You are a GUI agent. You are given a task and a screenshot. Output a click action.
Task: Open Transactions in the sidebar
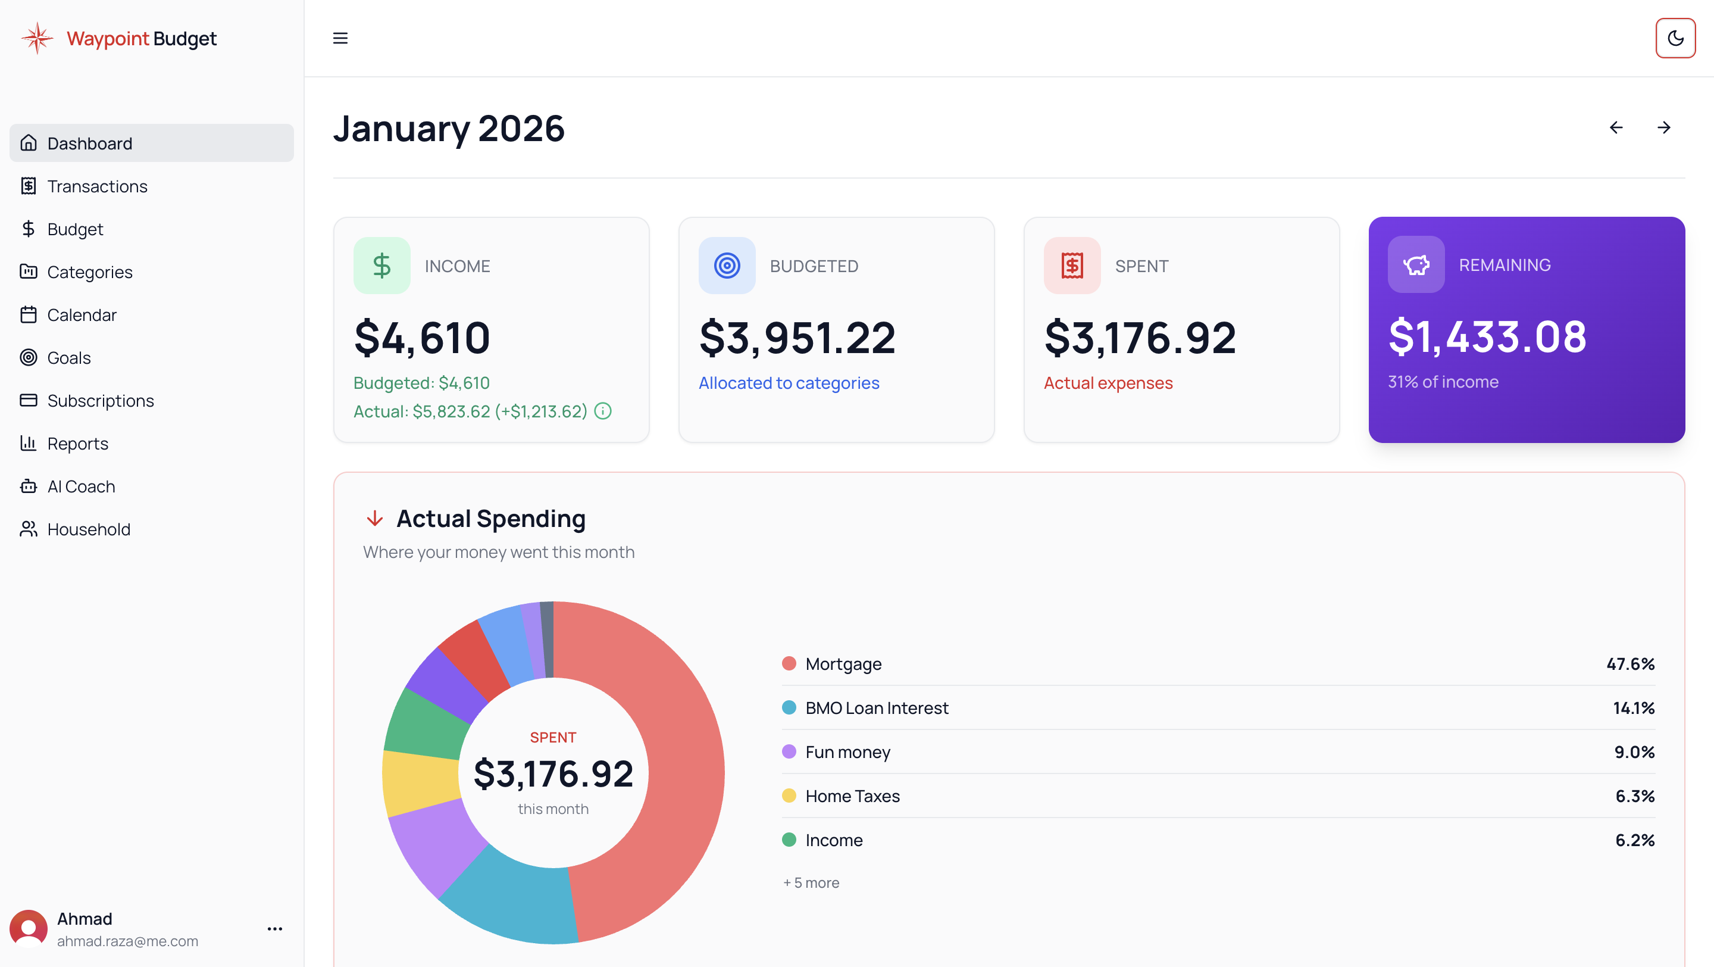(97, 186)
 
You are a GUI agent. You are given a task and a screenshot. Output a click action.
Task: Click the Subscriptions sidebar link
(101, 401)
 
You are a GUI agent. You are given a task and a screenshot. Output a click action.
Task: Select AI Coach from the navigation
(81, 486)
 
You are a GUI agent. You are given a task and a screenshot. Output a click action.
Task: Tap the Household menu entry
(89, 529)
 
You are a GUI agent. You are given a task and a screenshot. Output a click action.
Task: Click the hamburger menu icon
(340, 38)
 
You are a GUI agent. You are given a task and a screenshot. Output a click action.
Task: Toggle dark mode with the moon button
(1675, 38)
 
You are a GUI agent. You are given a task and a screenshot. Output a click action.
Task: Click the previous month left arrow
(1616, 127)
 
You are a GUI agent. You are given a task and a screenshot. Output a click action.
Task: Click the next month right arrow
(1664, 127)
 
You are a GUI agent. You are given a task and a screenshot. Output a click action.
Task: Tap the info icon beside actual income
(603, 411)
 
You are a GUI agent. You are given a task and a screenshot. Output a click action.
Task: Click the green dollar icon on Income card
(382, 266)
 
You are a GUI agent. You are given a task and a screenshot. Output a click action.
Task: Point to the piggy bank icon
(1416, 265)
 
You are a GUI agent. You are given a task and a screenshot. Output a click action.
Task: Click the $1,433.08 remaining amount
(1487, 337)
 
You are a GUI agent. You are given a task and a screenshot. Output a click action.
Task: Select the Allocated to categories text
(789, 383)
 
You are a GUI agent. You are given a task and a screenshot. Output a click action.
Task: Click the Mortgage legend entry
(843, 663)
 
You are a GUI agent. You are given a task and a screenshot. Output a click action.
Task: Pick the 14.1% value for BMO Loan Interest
(1634, 707)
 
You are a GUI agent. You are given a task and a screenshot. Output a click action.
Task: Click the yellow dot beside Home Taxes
(789, 796)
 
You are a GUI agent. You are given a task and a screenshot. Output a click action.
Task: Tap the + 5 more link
(811, 882)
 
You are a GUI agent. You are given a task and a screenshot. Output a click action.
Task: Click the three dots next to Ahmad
(275, 928)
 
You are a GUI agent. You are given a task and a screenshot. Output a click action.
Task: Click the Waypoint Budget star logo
(37, 38)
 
